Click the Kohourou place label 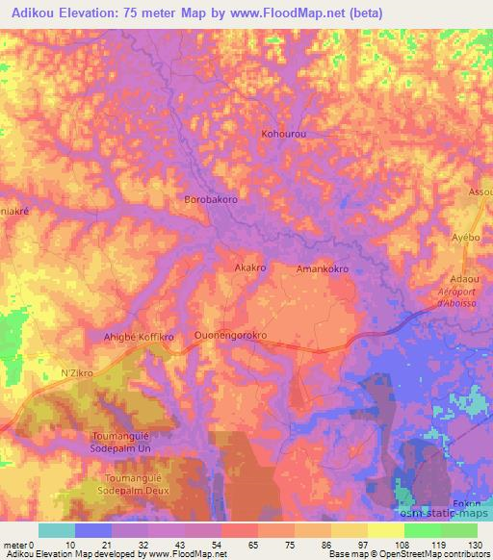pyautogui.click(x=283, y=135)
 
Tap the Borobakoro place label pyautogui.click(x=210, y=199)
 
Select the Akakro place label pyautogui.click(x=250, y=269)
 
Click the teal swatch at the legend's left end pyautogui.click(x=57, y=530)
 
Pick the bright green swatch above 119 pyautogui.click(x=423, y=530)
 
